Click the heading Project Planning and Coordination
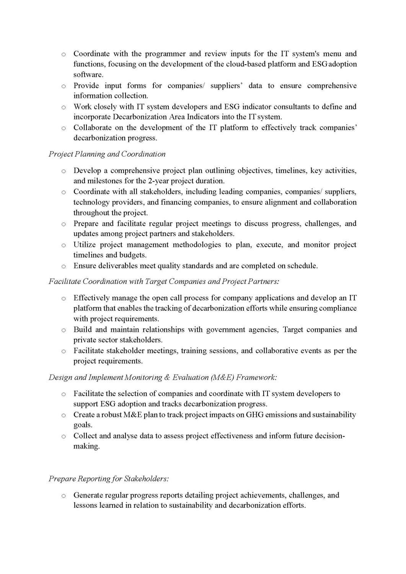107,154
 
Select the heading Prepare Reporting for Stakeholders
109,479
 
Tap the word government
227,329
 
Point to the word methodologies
197,245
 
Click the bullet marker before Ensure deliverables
64,266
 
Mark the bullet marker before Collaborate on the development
64,128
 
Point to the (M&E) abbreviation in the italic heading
222,377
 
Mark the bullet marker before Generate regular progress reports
64,496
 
